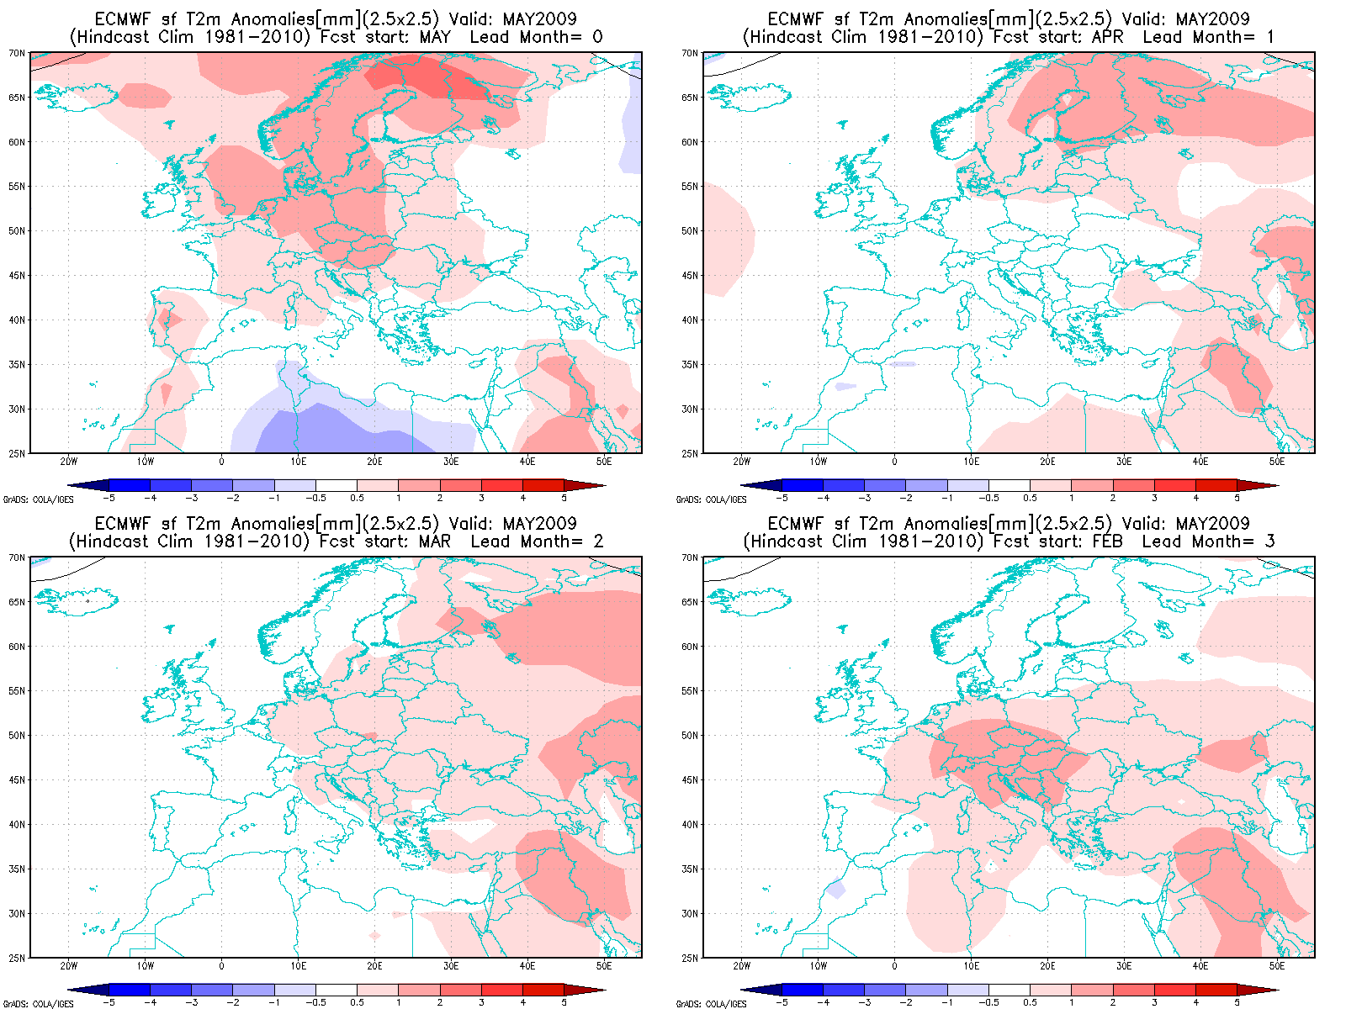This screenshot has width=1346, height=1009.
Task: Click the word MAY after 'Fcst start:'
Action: click(x=435, y=37)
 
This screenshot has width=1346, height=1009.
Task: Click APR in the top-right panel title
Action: click(x=1109, y=37)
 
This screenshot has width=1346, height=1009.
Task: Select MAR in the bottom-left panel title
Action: click(x=435, y=541)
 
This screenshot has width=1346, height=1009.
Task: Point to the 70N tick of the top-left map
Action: click(x=17, y=53)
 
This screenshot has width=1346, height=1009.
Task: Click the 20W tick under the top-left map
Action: click(x=69, y=462)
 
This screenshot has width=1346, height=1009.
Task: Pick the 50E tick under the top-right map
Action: click(x=1277, y=462)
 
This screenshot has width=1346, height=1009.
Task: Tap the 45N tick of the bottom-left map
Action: click(x=17, y=780)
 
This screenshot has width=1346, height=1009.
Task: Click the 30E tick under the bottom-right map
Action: click(x=1124, y=966)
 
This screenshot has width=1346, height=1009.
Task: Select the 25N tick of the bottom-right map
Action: click(x=690, y=958)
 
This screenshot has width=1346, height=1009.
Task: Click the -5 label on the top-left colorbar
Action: click(x=109, y=499)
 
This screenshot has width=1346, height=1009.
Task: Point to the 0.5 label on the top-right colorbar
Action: click(x=1030, y=499)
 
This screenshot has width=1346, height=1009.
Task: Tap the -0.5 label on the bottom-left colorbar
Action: click(x=315, y=1003)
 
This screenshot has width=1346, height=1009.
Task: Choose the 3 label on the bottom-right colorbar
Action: click(x=1154, y=1003)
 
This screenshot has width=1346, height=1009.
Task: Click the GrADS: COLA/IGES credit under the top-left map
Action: click(x=39, y=499)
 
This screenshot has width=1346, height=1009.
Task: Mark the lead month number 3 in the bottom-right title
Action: click(x=1270, y=541)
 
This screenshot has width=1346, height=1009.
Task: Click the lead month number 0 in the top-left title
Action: click(x=598, y=37)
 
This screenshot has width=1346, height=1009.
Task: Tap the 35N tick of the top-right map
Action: click(x=690, y=365)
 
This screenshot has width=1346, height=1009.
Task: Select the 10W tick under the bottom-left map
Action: click(x=146, y=966)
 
